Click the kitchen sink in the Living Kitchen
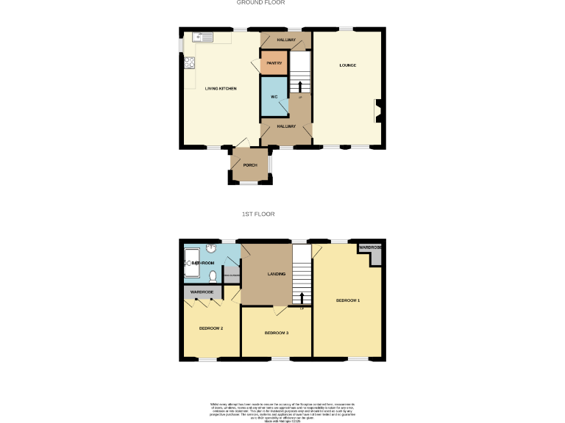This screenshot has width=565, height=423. click(202, 37)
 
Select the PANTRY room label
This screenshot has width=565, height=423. click(274, 63)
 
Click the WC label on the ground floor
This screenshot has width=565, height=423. click(274, 97)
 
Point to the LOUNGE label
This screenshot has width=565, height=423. click(348, 65)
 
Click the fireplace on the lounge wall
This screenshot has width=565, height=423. click(378, 110)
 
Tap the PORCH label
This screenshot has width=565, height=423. click(249, 165)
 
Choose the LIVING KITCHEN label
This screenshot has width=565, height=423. click(221, 89)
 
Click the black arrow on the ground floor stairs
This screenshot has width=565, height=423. click(299, 87)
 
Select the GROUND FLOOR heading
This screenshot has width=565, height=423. click(260, 3)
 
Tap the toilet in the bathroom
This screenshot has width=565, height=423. click(213, 276)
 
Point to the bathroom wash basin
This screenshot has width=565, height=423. click(210, 248)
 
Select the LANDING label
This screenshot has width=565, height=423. click(277, 275)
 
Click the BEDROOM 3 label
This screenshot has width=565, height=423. click(277, 333)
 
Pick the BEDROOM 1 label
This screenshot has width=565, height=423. click(348, 300)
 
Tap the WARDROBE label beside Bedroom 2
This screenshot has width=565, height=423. click(202, 292)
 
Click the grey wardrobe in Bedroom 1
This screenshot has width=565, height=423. click(372, 247)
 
